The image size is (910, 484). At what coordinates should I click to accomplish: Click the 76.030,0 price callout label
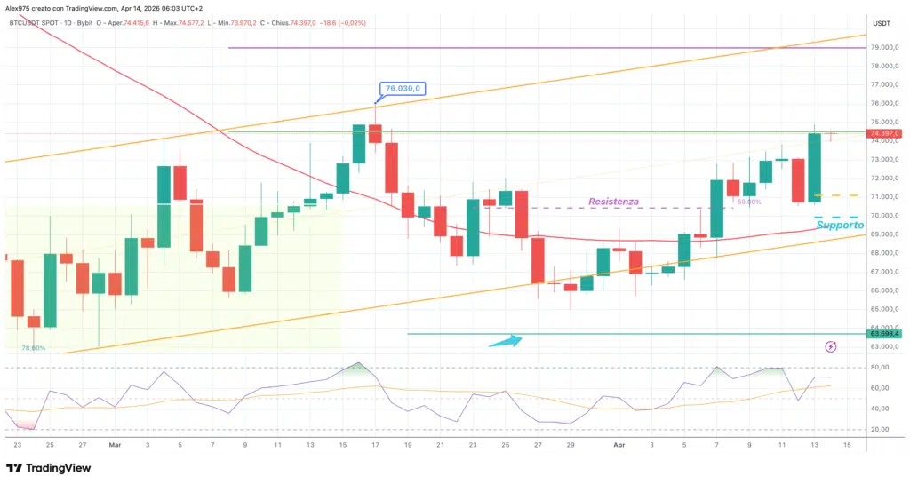tap(403, 88)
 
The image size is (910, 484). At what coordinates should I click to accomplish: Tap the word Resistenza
tap(613, 202)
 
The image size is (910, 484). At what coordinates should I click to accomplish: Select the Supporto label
tap(839, 226)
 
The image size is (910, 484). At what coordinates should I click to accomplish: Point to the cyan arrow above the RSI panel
tap(505, 341)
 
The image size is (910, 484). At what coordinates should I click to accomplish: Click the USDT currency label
tap(882, 22)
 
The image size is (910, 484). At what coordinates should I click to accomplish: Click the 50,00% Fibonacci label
tap(749, 202)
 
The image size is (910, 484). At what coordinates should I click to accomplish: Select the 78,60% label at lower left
tap(34, 348)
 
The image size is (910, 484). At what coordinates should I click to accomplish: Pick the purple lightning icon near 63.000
tap(831, 346)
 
